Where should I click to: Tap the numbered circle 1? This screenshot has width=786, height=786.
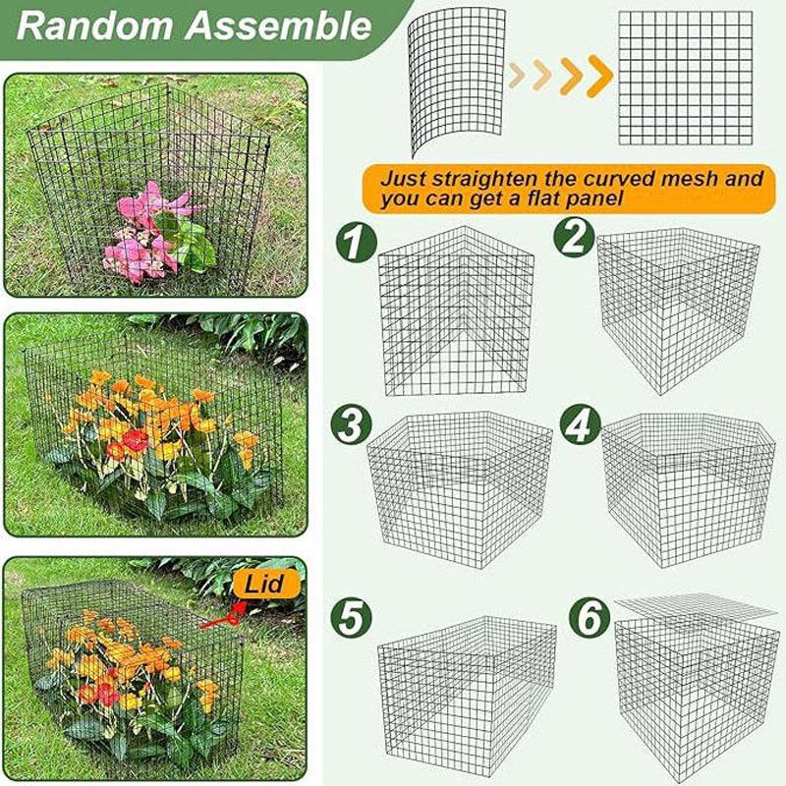[x=355, y=242]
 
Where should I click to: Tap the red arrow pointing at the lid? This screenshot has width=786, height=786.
[x=221, y=617]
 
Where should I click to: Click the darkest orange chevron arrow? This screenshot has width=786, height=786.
[x=597, y=77]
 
